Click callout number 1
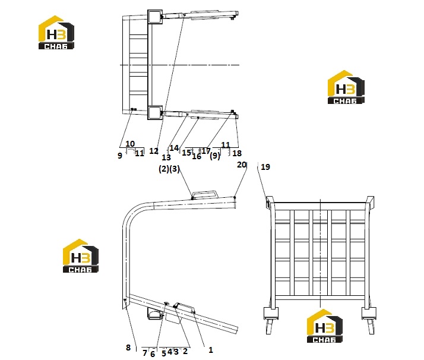coord(211,350)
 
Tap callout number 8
coord(128,348)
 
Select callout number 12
coord(154,151)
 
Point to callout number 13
coord(166,157)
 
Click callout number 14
coord(174,148)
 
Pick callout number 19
coord(265,167)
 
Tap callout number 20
coord(242,165)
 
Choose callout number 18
coord(237,153)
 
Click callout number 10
coord(130,144)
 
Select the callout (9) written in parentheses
coord(215,156)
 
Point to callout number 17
coord(206,151)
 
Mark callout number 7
coord(145,353)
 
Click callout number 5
coord(163,353)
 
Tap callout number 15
coord(186,153)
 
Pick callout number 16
coord(197,156)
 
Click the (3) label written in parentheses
coord(175,169)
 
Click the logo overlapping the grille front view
coord(325,326)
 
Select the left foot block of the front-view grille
coord(271,314)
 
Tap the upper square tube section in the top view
coord(155,18)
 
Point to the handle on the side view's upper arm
coord(205,194)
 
